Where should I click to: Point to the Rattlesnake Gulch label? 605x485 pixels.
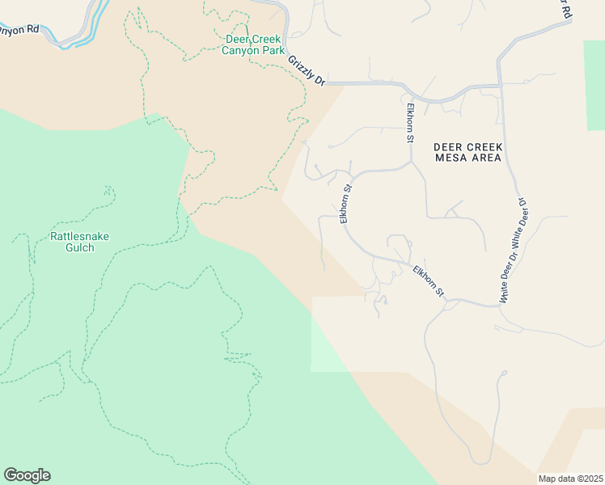pyautogui.click(x=79, y=242)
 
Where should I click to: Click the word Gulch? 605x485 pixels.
pyautogui.click(x=79, y=247)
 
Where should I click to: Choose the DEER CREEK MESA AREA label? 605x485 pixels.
pyautogui.click(x=468, y=152)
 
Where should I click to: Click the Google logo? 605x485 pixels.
pyautogui.click(x=27, y=475)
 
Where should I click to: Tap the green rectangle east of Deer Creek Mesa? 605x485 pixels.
pyautogui.click(x=594, y=84)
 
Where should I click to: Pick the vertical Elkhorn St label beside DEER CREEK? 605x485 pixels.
pyautogui.click(x=410, y=122)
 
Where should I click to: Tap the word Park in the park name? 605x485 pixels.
pyautogui.click(x=276, y=50)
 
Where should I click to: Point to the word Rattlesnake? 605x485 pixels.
pyautogui.click(x=79, y=236)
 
